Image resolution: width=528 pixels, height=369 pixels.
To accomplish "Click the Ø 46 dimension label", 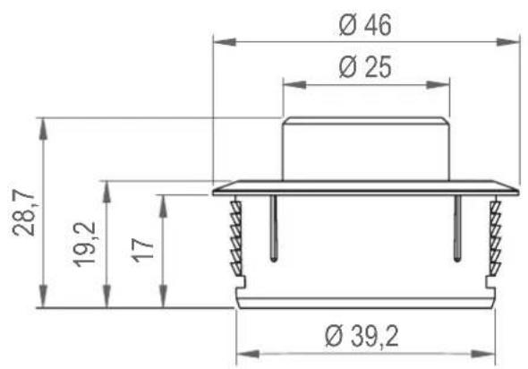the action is (365, 25).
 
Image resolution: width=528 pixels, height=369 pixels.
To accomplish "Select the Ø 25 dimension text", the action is (365, 67).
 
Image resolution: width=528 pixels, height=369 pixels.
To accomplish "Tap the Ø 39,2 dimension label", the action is (362, 337).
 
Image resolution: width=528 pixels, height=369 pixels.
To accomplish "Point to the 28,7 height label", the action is (24, 212).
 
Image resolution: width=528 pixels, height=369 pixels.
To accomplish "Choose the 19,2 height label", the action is (85, 245).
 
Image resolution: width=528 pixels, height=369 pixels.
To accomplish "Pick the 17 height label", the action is (142, 251).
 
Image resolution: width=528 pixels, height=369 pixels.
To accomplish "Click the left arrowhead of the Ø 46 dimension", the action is (225, 42).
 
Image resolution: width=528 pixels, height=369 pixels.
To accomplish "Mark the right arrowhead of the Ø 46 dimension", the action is (508, 42).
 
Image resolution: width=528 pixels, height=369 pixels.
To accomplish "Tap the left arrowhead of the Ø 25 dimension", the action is (294, 84).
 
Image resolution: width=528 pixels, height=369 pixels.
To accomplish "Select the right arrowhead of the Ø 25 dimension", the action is (438, 84).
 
